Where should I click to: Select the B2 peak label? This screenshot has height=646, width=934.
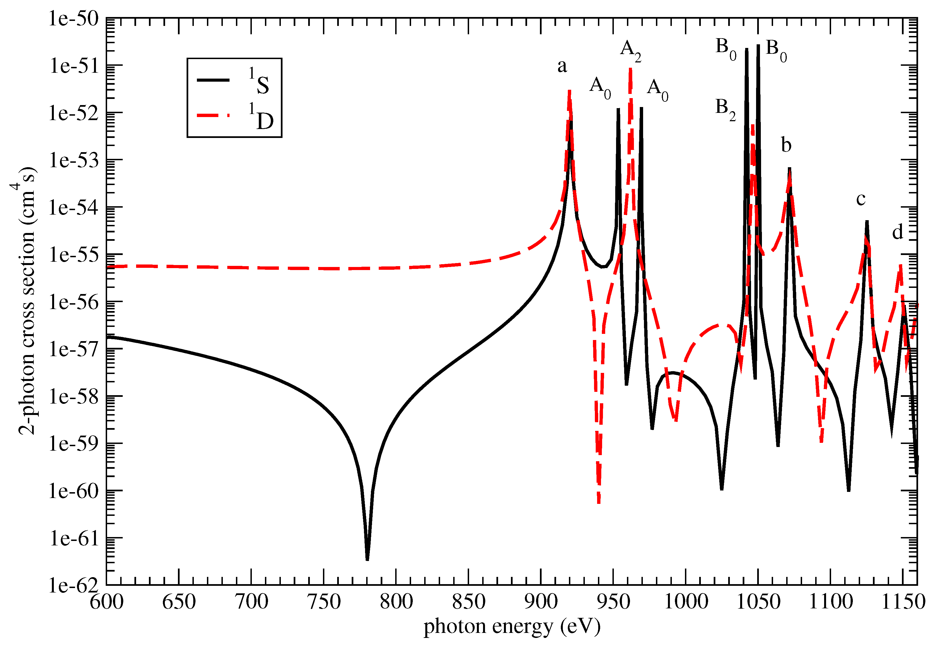(x=725, y=108)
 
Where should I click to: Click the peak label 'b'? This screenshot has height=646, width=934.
(x=786, y=145)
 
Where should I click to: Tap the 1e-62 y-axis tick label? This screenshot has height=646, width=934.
(x=74, y=585)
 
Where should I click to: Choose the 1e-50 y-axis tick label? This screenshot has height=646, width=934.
(x=74, y=19)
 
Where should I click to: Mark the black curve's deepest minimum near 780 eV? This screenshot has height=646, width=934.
(x=367, y=559)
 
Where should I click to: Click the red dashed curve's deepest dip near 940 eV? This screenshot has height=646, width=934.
(x=598, y=502)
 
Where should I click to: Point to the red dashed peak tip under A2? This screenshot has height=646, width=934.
(x=630, y=70)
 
